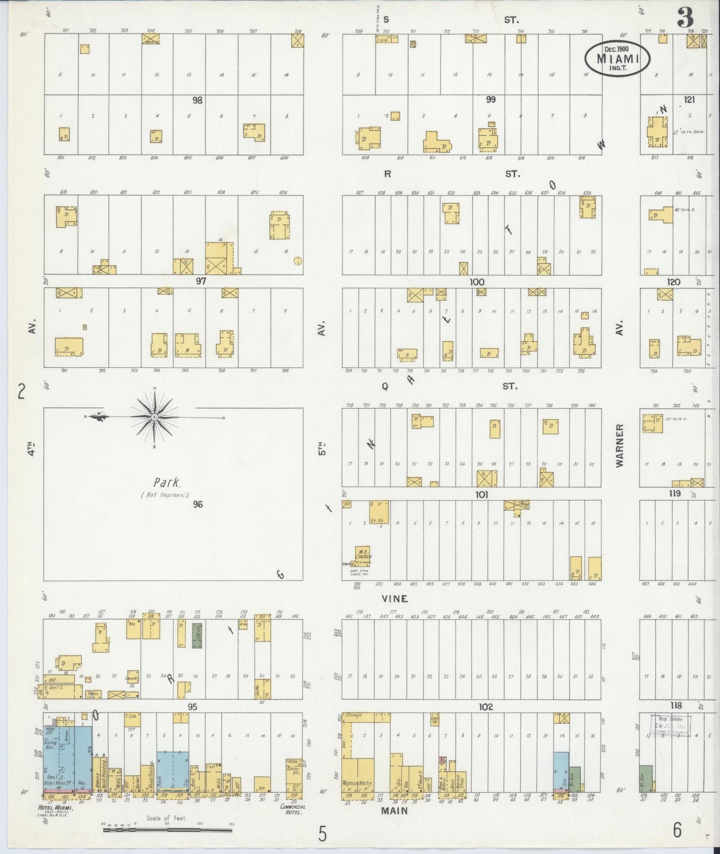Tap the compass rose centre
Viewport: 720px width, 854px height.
(154, 417)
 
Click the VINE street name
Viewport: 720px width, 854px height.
(395, 598)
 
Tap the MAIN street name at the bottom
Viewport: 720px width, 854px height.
(395, 811)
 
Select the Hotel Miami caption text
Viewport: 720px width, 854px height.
(56, 808)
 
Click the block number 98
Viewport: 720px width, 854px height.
(198, 100)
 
